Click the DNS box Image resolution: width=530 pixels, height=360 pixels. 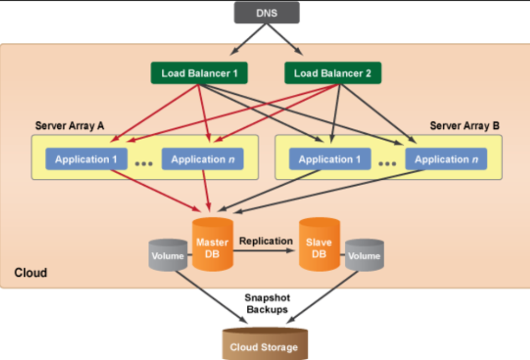(x=266, y=13)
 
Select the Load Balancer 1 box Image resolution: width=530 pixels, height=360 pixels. (x=199, y=73)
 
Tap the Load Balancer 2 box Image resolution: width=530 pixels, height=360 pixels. (x=332, y=73)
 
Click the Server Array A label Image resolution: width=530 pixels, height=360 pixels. (x=70, y=126)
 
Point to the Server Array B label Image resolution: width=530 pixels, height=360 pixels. (x=465, y=126)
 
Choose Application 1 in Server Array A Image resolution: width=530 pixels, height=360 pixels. (x=86, y=159)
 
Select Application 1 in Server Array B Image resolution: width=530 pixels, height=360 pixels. (x=330, y=159)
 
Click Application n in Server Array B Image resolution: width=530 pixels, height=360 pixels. (x=446, y=159)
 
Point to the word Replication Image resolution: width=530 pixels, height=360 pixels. (x=266, y=241)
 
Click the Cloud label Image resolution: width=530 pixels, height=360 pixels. (x=31, y=273)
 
